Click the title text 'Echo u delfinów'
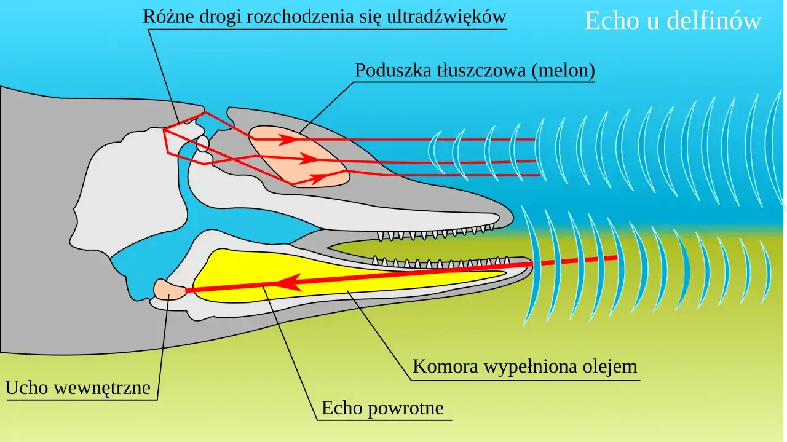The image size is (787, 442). [673, 21]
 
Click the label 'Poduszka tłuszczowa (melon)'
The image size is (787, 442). [475, 71]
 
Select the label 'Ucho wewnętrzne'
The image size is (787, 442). [78, 388]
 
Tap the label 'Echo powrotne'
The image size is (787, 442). [382, 408]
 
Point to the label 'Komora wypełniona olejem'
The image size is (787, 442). [524, 366]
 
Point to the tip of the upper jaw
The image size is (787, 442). [511, 216]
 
